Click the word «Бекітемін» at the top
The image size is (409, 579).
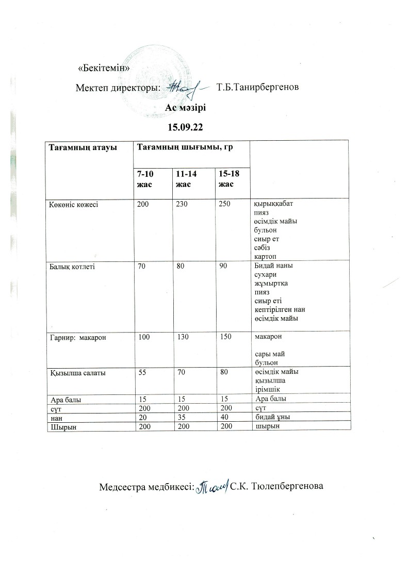tap(103, 69)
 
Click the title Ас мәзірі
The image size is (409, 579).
tap(185, 107)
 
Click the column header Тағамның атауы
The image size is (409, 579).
tap(83, 147)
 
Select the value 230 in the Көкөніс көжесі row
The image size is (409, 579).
tap(182, 204)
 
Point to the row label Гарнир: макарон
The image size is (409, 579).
tap(76, 337)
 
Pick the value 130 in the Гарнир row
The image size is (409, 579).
tap(182, 337)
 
